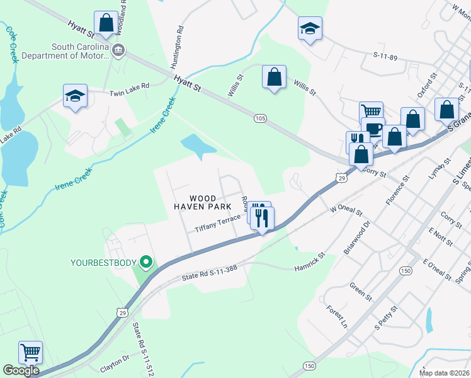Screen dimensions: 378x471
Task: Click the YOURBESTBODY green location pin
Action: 147,261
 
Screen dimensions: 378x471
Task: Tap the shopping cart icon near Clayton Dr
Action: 30,352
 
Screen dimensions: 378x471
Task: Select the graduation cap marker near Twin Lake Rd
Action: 75,96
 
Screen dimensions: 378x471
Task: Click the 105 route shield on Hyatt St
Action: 260,118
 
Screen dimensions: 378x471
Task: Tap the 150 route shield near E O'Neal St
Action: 405,270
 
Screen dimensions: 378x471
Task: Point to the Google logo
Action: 21,370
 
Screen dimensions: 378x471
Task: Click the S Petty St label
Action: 386,318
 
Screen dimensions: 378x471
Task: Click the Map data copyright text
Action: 443,373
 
